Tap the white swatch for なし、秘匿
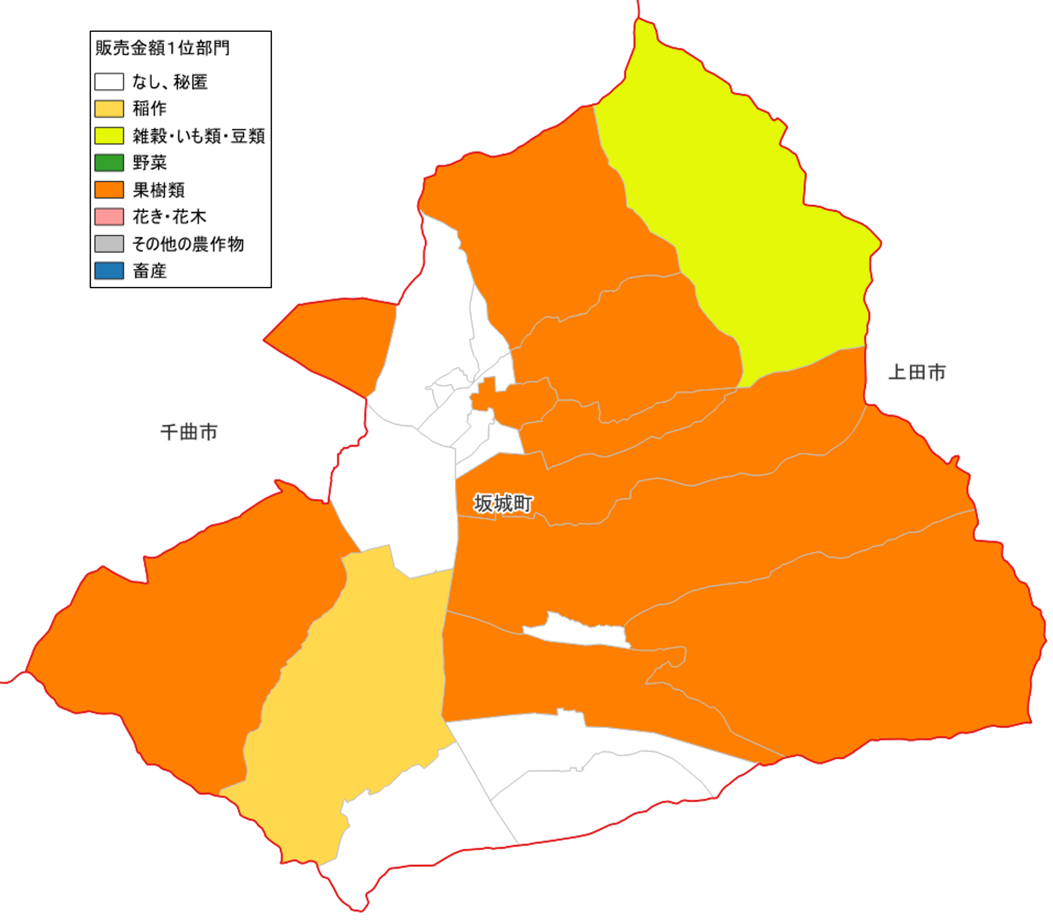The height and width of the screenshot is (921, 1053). point(109,82)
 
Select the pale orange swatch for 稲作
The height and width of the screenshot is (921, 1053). point(109,109)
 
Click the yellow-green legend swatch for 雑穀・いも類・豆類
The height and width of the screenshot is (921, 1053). point(109,136)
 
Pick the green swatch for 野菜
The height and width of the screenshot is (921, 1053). point(109,163)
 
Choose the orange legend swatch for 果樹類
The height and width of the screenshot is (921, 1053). point(109,190)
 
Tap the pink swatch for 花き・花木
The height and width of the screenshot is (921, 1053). point(109,216)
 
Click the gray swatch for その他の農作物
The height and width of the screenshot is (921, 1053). point(109,243)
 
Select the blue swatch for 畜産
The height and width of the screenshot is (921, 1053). point(109,270)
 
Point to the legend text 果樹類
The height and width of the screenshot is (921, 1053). point(158,190)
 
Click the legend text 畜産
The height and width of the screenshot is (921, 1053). point(149,271)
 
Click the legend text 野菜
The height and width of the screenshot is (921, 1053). point(149,163)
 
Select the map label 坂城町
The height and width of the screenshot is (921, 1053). point(503,503)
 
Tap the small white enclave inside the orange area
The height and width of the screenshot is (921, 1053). point(575,631)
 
